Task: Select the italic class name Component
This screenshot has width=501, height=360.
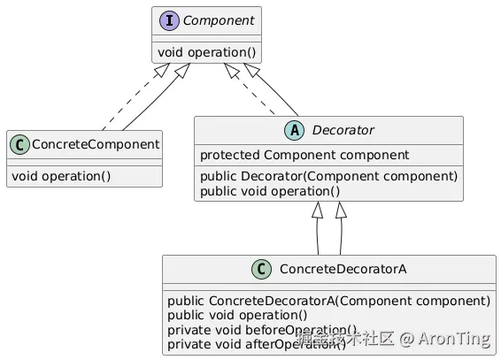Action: [x=207, y=19]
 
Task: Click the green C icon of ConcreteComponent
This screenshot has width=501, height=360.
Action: [x=19, y=142]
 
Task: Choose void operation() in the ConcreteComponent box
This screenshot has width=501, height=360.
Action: [x=60, y=175]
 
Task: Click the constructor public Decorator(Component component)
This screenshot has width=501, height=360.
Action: [x=328, y=175]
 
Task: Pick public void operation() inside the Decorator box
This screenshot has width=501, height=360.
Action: [x=270, y=190]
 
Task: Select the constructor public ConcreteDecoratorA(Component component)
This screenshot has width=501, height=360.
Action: [x=328, y=300]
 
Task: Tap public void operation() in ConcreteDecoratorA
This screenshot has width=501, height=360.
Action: [x=237, y=315]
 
